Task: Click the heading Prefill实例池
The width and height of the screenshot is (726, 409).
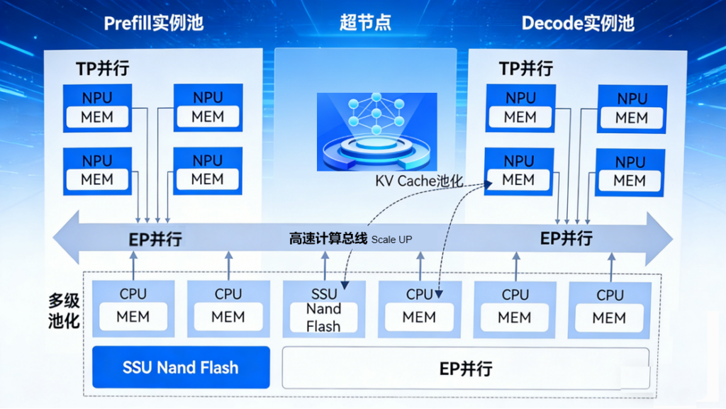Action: pos(153,23)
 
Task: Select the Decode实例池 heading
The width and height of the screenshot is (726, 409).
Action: pos(577,23)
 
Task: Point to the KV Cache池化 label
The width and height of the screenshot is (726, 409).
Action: pos(419,181)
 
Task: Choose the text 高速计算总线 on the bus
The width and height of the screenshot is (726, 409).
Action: pos(328,239)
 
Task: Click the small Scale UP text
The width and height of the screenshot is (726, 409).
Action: pos(391,240)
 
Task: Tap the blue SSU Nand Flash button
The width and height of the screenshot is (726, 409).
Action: pos(181,367)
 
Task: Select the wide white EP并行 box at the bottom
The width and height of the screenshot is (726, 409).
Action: pos(465,368)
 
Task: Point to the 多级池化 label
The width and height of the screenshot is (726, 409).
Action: pos(63,310)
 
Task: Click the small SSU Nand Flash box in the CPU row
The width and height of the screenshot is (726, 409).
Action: pos(324,308)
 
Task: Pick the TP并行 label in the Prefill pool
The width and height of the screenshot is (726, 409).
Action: pos(103,69)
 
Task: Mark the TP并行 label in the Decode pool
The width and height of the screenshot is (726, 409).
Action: pos(525,69)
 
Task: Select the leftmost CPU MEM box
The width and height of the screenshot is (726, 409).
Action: pos(133,308)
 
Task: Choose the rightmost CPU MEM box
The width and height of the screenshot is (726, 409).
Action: pos(610,309)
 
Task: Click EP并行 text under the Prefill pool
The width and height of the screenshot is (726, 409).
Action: pos(155,239)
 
